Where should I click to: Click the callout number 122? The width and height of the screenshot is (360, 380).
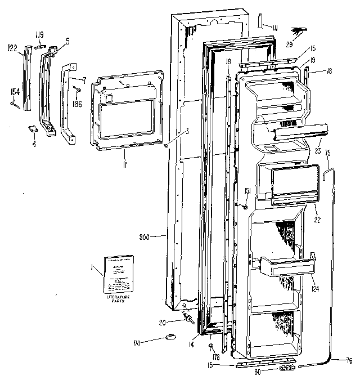(x=12, y=49)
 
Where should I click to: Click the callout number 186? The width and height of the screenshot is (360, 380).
(x=76, y=104)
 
